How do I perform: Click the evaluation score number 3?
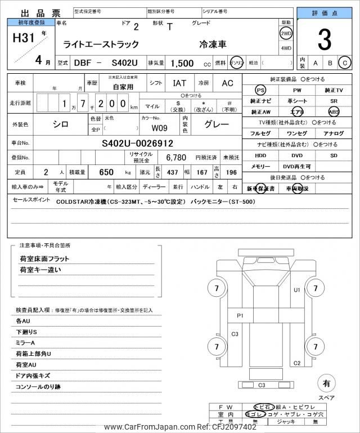tap(324, 40)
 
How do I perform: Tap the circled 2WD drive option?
tap(286, 33)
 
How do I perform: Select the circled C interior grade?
tap(345, 64)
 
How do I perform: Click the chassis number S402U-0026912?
tap(137, 143)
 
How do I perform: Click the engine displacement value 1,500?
tap(183, 64)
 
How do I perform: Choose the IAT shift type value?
tap(179, 83)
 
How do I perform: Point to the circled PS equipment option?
tap(260, 90)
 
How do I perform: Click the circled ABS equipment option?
tap(334, 111)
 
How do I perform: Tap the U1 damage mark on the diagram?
tap(297, 291)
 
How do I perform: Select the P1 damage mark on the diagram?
tap(240, 315)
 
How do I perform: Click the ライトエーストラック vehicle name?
tap(96, 44)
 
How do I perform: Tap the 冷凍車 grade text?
tap(211, 44)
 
